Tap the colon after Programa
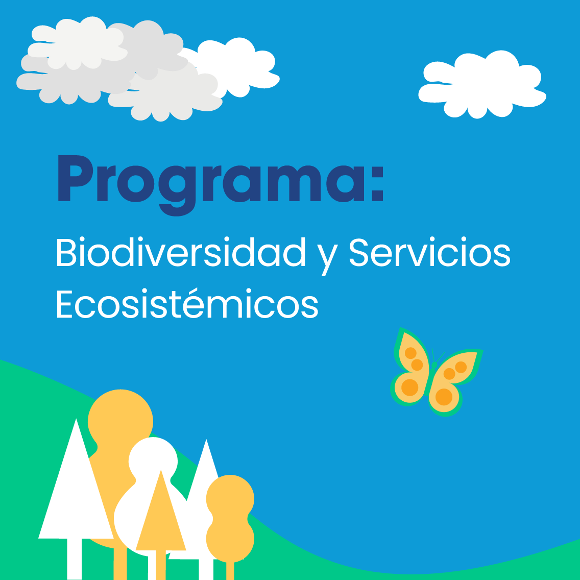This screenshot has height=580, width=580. click(x=377, y=184)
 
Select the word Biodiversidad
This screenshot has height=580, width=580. click(x=181, y=252)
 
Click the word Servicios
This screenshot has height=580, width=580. click(x=430, y=252)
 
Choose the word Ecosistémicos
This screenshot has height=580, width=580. click(x=187, y=303)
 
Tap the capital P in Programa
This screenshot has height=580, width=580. click(x=76, y=178)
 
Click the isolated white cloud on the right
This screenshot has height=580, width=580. click(x=482, y=85)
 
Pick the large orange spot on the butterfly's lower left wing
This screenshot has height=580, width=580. click(x=409, y=388)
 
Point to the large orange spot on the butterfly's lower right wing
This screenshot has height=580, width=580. click(x=444, y=397)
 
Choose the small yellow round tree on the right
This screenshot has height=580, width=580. click(x=230, y=518)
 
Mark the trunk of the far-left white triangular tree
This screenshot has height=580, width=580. click(x=75, y=559)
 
